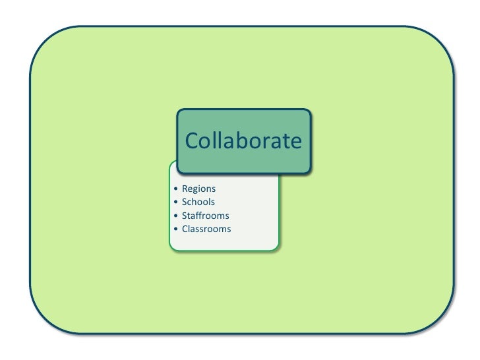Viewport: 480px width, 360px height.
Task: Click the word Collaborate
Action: click(x=243, y=140)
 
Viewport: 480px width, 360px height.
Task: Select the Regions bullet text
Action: click(x=198, y=189)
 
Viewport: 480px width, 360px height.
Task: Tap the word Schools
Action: click(x=198, y=202)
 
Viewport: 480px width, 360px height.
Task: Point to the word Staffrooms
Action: click(x=206, y=216)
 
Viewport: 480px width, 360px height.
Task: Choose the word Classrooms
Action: click(x=206, y=229)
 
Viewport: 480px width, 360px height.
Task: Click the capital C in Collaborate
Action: click(x=192, y=141)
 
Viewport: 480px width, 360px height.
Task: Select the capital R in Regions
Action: click(x=185, y=189)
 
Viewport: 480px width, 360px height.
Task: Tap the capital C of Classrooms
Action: click(x=185, y=229)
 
